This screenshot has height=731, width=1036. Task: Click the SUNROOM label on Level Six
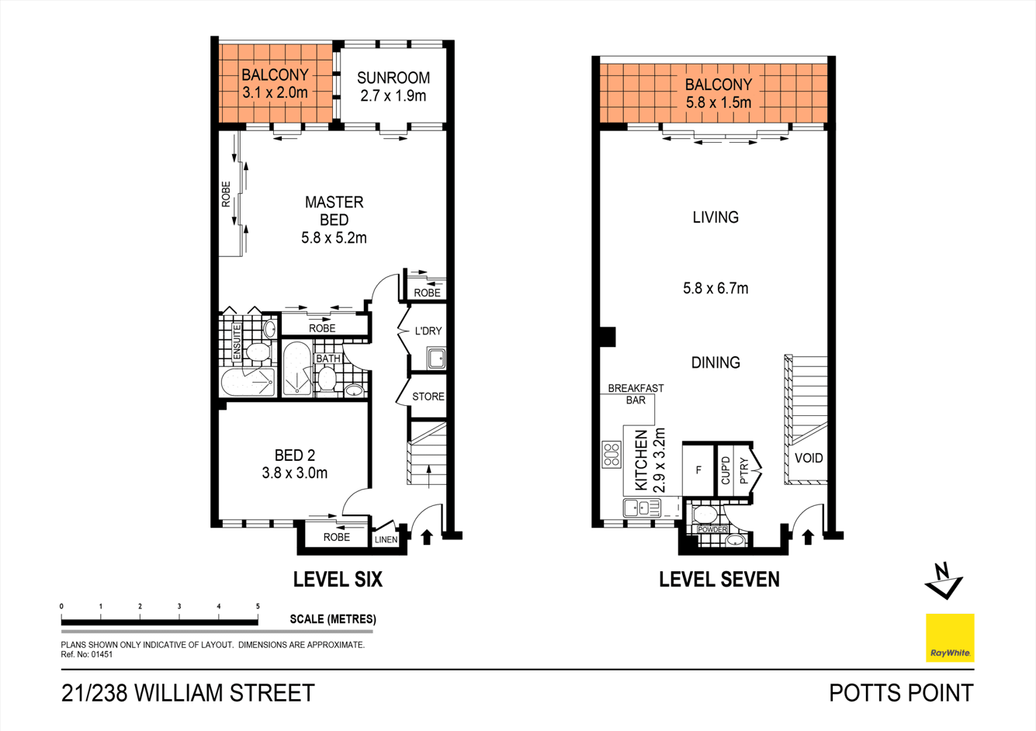(393, 78)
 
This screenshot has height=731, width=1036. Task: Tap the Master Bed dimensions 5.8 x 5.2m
(334, 238)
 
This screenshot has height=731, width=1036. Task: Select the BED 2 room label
(294, 456)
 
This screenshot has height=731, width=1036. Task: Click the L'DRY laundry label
(428, 331)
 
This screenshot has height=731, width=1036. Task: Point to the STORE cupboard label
(428, 397)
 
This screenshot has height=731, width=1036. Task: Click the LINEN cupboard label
(386, 539)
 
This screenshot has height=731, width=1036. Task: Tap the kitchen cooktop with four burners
(612, 454)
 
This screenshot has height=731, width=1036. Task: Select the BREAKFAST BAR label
(636, 394)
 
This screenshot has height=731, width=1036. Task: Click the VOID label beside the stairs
(808, 458)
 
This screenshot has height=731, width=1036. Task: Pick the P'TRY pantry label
(744, 470)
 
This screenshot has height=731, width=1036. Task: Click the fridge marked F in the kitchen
(698, 470)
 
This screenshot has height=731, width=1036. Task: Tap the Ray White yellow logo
(950, 638)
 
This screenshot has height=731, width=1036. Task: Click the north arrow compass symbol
(944, 581)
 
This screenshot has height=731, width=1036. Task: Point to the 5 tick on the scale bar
(258, 607)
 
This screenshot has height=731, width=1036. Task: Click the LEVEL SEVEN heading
(719, 579)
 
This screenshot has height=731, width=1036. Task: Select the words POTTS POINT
(901, 692)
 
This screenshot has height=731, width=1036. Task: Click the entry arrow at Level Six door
(426, 537)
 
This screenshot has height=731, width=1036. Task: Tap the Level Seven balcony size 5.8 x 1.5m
(718, 102)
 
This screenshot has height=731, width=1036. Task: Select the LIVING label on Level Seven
(715, 217)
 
